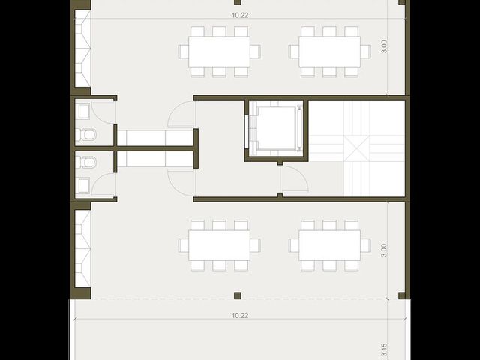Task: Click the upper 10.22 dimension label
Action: coord(240,15)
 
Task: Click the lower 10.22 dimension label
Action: coord(240,315)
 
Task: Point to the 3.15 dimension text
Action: coord(384,351)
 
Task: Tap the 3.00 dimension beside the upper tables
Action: coord(384,46)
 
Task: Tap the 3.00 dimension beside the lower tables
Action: coord(384,250)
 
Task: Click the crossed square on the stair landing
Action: coord(357,148)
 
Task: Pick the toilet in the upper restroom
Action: coord(86,135)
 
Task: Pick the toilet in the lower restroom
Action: coord(86,162)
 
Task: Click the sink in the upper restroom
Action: coord(83,111)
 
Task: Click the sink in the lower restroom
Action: coord(83,185)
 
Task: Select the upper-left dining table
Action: coord(220,52)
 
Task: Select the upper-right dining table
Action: coord(330,52)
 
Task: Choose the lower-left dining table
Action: coord(220,245)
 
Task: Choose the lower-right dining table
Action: coord(330,245)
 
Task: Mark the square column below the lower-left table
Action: coord(238,295)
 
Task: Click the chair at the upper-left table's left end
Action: coord(184,52)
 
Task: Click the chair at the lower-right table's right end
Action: coord(365,245)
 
